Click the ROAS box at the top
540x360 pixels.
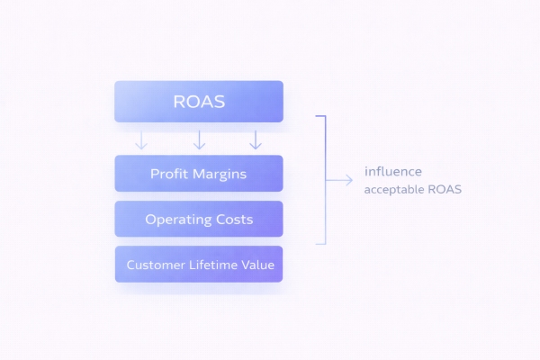pyautogui.click(x=199, y=102)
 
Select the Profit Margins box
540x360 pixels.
pyautogui.click(x=199, y=173)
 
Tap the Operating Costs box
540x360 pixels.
pyautogui.click(x=199, y=219)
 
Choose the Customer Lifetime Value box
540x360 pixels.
pyautogui.click(x=199, y=265)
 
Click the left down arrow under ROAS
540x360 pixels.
pyautogui.click(x=141, y=139)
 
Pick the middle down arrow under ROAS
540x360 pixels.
pyautogui.click(x=199, y=139)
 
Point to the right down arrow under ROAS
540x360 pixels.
pyautogui.click(x=256, y=139)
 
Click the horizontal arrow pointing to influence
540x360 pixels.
pyautogui.click(x=339, y=180)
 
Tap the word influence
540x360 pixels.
pyautogui.click(x=392, y=171)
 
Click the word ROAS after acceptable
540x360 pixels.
pyautogui.click(x=445, y=191)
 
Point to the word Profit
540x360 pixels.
pyautogui.click(x=169, y=173)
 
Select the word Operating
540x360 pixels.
pyautogui.click(x=175, y=219)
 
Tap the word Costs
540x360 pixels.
pyautogui.click(x=233, y=219)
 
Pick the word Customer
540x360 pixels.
pyautogui.click(x=155, y=265)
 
